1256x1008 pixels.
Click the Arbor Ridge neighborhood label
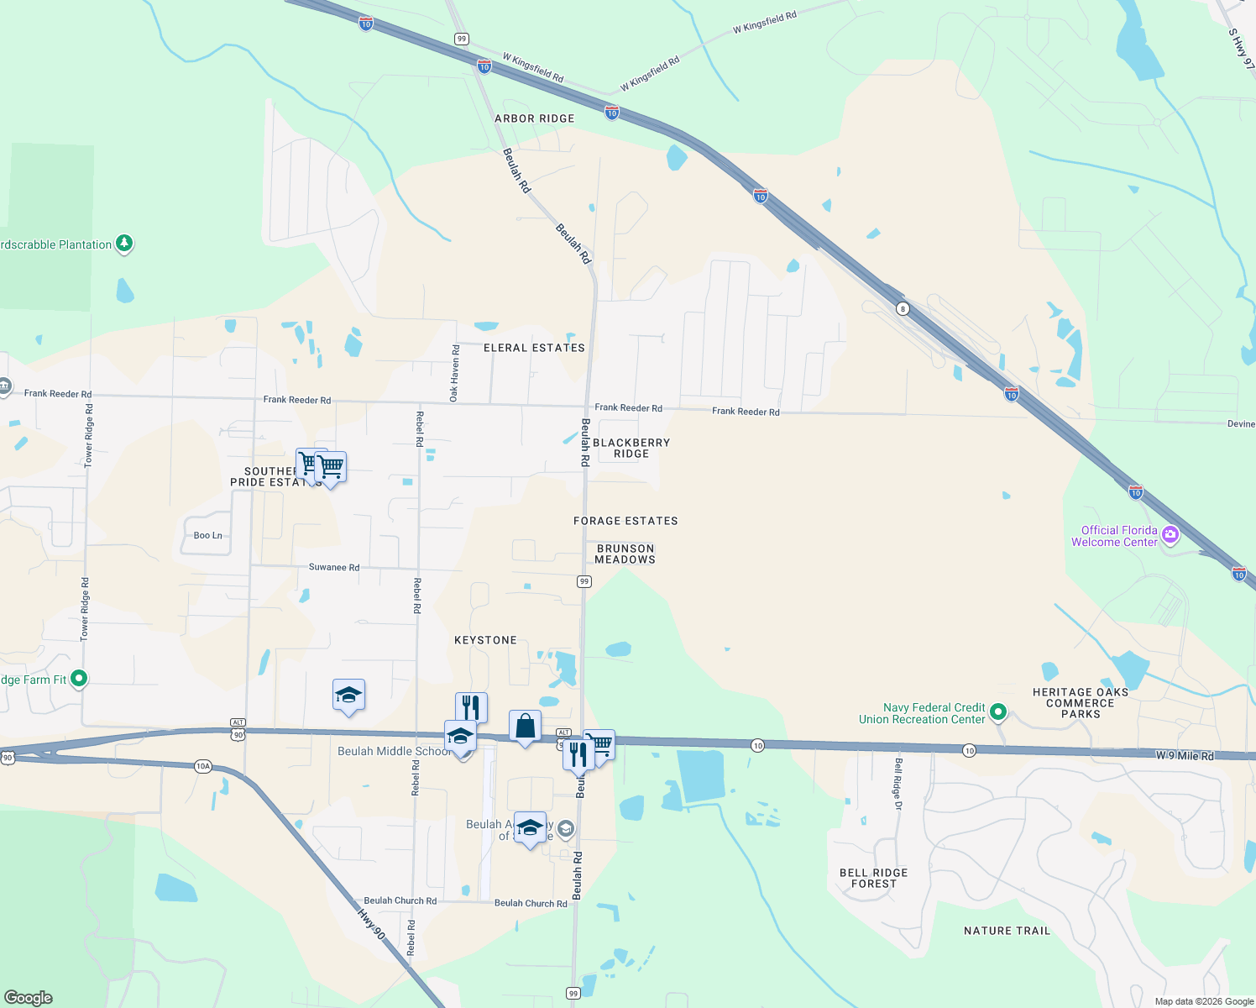tap(534, 118)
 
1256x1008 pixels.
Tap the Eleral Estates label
tap(534, 348)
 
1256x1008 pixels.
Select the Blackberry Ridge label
tap(631, 448)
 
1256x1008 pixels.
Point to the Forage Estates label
tap(625, 521)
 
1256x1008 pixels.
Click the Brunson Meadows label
tap(625, 554)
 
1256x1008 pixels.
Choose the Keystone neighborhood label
tap(485, 640)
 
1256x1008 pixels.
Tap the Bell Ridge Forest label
tap(873, 878)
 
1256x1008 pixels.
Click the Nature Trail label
tap(1007, 931)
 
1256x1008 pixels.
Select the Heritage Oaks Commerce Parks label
tap(1081, 703)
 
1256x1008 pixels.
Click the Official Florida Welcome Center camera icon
tap(1170, 534)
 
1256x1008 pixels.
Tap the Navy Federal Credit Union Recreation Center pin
tap(998, 712)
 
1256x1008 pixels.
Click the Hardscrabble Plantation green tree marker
tap(124, 244)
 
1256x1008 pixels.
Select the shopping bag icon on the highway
tap(525, 725)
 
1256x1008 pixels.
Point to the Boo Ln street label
tap(208, 535)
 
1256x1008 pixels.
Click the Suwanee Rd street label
tap(333, 567)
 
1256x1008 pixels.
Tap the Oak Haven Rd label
tap(454, 373)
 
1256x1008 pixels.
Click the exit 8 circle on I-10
tap(903, 308)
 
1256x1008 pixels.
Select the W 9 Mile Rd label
tap(1185, 756)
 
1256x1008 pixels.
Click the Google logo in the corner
tap(29, 997)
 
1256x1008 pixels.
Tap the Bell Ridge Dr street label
tap(898, 784)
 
